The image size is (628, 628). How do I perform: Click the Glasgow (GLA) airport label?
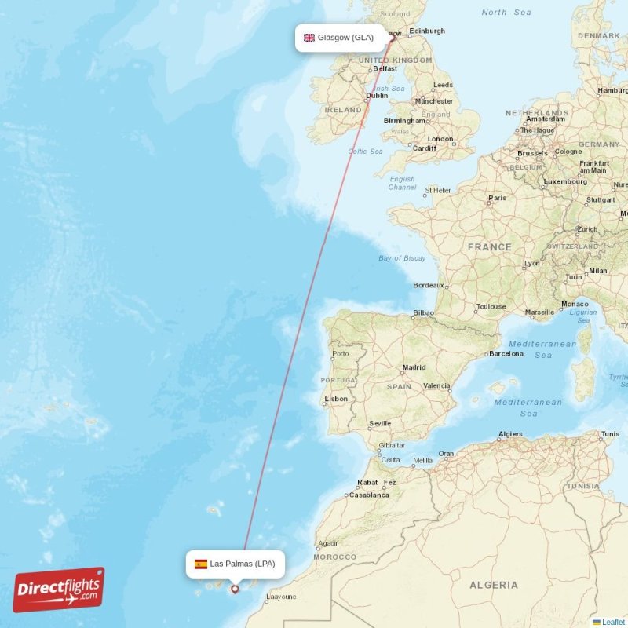point(341,38)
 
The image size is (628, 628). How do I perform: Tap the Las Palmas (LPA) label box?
point(235,564)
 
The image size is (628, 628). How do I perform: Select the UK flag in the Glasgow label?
point(309,38)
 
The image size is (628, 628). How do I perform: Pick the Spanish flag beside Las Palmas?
point(201,564)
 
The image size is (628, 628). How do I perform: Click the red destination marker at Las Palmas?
point(234,589)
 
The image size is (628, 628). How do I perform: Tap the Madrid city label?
point(414,367)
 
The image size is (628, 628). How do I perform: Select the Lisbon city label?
point(336,399)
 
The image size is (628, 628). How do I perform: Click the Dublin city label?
point(377,97)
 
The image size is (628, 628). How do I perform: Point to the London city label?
point(440,139)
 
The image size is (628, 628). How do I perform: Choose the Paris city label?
point(497,198)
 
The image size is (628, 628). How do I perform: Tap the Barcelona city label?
point(506,353)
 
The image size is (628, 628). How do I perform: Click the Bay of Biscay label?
point(402,258)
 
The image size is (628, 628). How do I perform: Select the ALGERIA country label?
point(494,585)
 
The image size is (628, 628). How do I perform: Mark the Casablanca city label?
point(369,495)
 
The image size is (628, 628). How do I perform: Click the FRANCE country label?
point(489,246)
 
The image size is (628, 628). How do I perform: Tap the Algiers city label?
point(510,434)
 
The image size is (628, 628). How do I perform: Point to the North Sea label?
point(506,13)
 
